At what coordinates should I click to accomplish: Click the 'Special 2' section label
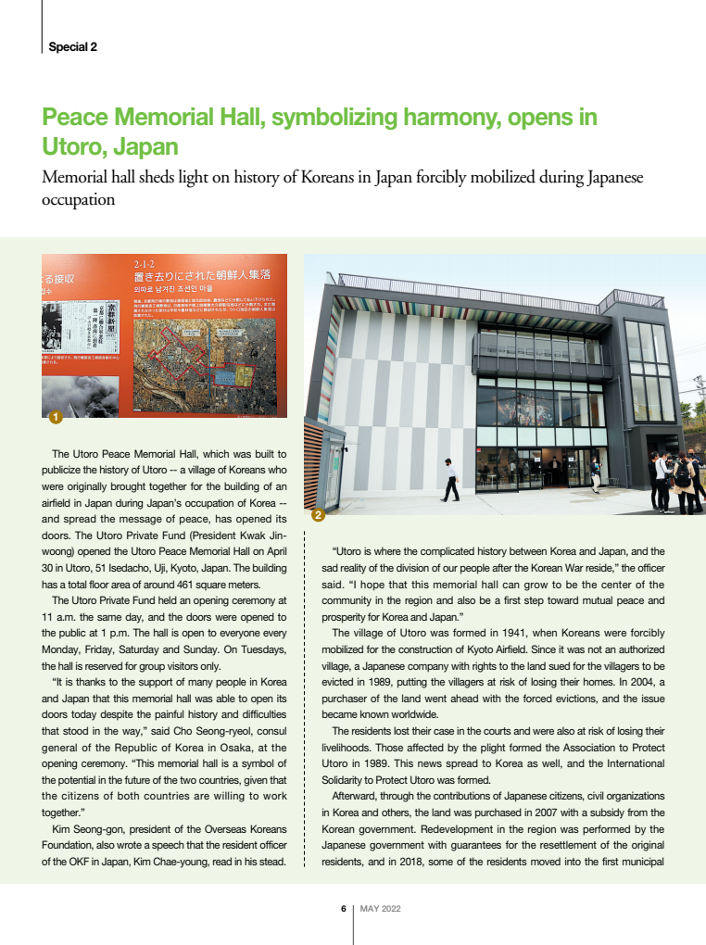click(73, 46)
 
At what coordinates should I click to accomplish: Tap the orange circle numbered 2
click(317, 515)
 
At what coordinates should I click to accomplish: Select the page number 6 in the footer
click(343, 909)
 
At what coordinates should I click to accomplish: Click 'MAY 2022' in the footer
click(380, 909)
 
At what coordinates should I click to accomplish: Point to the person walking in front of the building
click(450, 479)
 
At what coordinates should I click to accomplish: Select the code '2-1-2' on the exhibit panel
click(145, 264)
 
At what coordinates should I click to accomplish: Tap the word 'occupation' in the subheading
click(79, 199)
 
